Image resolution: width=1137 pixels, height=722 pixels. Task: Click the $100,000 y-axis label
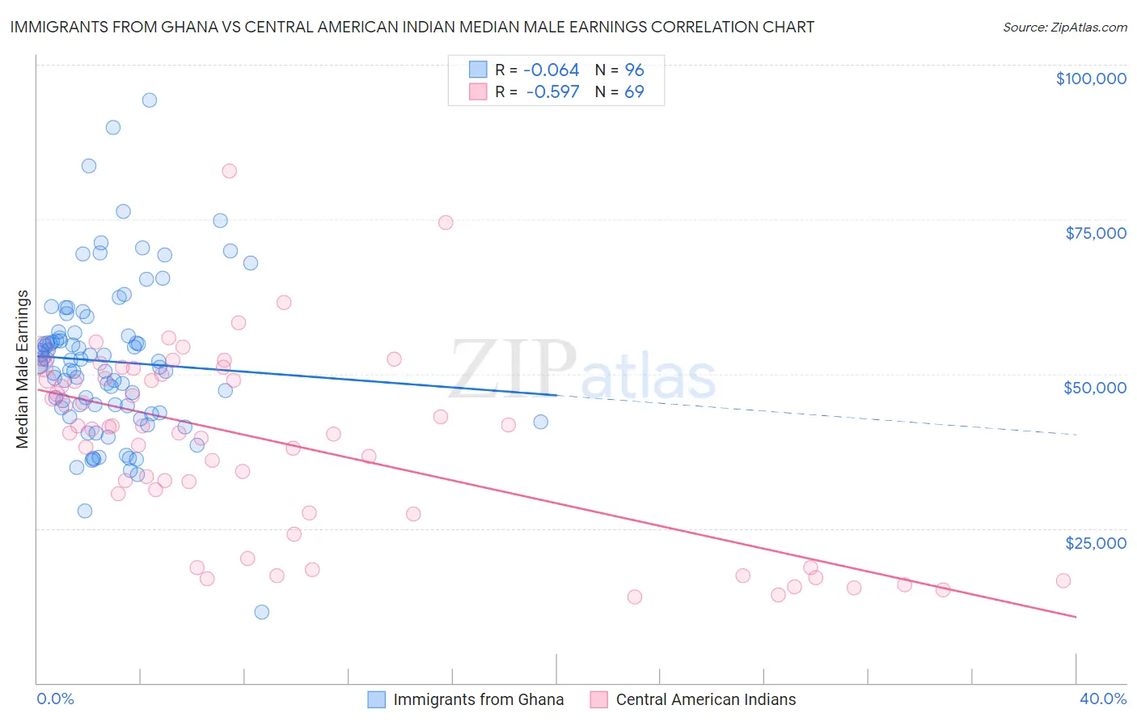coord(1090,79)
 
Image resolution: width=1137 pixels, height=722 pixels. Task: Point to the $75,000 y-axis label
coord(1095,233)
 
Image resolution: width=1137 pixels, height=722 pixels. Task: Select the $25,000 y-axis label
coord(1095,542)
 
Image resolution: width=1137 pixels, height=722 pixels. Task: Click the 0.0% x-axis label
coord(55,699)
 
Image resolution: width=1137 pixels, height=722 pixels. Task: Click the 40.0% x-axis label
coord(1102,699)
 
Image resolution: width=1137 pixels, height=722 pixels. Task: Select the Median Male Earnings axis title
coord(23,369)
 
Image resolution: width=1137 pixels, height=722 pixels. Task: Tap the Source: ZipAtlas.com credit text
coord(1064,27)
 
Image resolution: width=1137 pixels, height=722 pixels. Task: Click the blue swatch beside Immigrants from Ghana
coord(377,699)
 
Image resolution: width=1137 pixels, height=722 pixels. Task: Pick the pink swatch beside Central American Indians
coord(598,699)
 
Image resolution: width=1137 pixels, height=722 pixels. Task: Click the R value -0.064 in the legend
coord(552,70)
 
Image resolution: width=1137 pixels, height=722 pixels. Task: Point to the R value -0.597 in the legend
coord(552,91)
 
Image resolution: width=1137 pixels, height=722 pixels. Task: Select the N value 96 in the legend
coord(634,70)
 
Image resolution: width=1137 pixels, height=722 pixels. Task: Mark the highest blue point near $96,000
coord(150,100)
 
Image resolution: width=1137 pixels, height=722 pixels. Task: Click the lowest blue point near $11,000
coord(261,612)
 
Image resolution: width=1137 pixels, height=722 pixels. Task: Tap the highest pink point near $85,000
coord(229,171)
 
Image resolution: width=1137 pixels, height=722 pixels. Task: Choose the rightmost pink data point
coord(1063,580)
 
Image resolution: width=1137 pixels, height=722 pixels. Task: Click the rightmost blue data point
coord(540,422)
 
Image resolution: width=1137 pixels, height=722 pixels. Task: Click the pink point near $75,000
coord(446,223)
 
